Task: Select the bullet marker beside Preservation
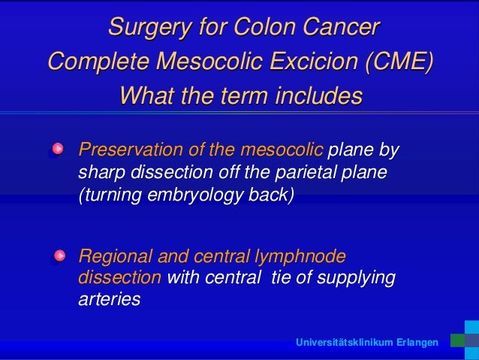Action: [x=57, y=150]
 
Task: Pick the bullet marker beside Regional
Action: [x=57, y=257]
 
